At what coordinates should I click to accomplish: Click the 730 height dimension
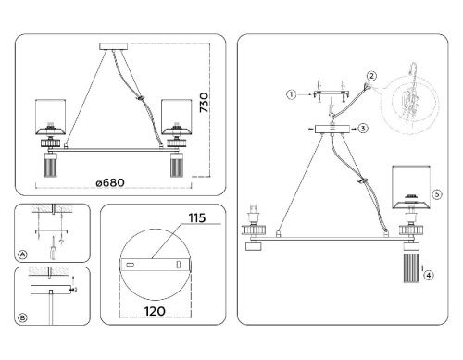[x=204, y=103]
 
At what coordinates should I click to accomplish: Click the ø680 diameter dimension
[x=110, y=182]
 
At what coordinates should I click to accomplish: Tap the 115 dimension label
[x=197, y=218]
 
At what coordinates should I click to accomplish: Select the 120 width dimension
[x=155, y=311]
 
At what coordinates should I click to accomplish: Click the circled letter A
[x=22, y=254]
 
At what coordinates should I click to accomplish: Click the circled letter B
[x=22, y=317]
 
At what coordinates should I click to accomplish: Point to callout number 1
[x=291, y=94]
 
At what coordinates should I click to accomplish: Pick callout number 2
[x=371, y=76]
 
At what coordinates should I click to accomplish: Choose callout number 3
[x=363, y=128]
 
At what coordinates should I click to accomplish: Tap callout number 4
[x=429, y=275]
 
